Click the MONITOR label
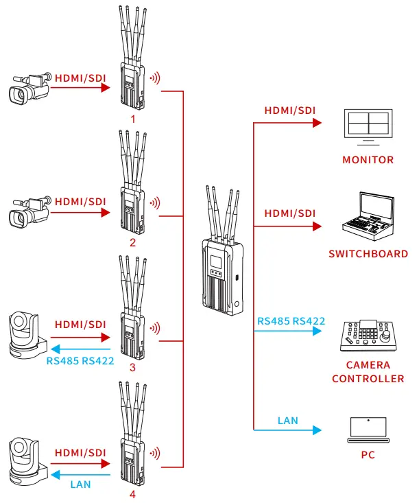368,160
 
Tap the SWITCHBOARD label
368,254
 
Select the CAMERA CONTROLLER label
368,372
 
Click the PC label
368,455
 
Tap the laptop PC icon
368,430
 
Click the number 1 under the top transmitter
133,119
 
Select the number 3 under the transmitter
133,367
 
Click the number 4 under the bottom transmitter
133,493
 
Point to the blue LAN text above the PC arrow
288,420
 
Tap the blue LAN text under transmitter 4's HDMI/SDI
80,484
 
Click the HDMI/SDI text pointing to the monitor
290,110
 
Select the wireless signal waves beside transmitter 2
156,203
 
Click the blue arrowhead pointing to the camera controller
317,331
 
